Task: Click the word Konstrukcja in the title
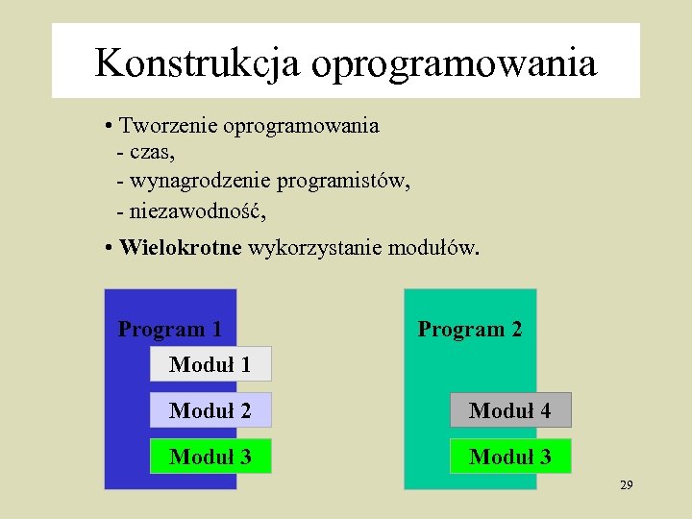(197, 63)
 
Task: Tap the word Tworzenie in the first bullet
(169, 126)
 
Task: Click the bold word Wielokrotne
(181, 248)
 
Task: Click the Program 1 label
(170, 329)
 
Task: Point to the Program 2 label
(470, 329)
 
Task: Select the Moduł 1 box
(210, 364)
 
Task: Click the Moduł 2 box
(210, 410)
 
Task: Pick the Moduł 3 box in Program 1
(210, 457)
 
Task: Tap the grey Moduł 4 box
(510, 410)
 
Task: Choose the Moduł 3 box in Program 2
(510, 457)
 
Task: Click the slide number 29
(626, 485)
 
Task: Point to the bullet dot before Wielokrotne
(111, 249)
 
